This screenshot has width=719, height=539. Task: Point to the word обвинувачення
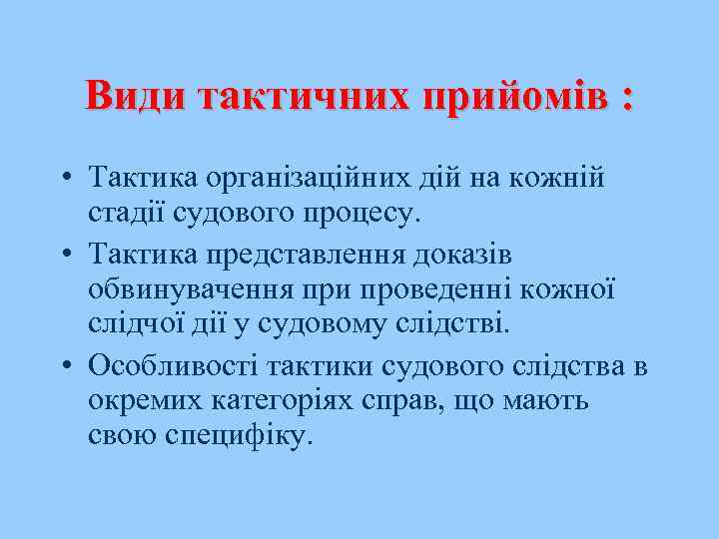(x=191, y=290)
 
